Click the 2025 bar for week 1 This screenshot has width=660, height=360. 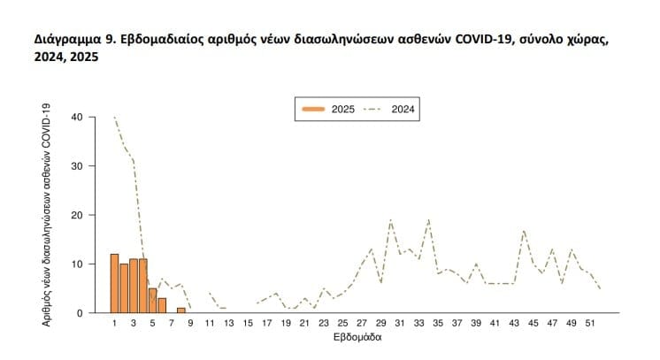tap(115, 283)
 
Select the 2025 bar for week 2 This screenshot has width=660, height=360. tap(125, 288)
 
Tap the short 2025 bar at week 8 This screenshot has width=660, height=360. tap(181, 310)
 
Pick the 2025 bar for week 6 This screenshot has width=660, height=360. tap(162, 305)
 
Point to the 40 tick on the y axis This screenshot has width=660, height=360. tap(77, 117)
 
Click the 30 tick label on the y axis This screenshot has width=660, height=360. tap(77, 165)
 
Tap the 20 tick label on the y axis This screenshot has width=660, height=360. tap(77, 215)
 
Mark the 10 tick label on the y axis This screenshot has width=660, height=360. tap(77, 264)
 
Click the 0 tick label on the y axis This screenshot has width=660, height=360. tap(80, 313)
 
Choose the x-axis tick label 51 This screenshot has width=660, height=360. tap(590, 325)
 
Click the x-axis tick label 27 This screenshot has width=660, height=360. tap(362, 325)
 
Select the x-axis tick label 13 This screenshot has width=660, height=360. tap(228, 325)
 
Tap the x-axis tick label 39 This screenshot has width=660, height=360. tap(476, 325)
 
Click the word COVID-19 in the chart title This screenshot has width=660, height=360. tap(480, 41)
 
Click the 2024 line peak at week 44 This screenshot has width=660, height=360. tap(524, 230)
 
